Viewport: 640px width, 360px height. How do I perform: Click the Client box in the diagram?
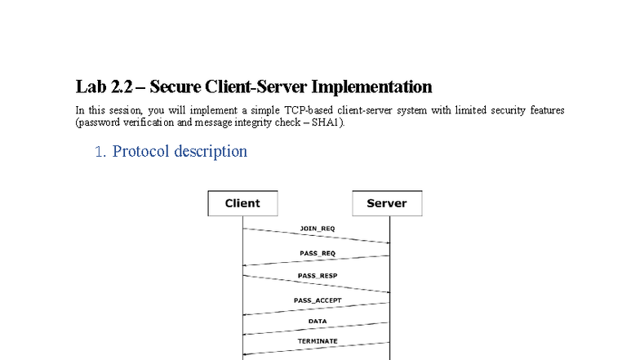[242, 203]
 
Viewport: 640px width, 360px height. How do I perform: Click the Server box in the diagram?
[387, 203]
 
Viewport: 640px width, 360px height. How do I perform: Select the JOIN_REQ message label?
[317, 229]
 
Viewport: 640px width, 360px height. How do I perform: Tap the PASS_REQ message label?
[317, 253]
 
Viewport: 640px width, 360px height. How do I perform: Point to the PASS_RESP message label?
[317, 276]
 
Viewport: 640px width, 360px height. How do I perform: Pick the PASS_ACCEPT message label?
[317, 300]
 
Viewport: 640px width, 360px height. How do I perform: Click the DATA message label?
[317, 321]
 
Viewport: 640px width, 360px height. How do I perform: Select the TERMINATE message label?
[317, 340]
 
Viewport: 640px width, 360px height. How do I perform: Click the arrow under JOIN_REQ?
[317, 236]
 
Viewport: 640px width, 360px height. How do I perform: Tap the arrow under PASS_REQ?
[317, 260]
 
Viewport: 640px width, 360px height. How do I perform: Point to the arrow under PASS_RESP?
[317, 284]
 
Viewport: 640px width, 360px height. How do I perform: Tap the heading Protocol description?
[180, 151]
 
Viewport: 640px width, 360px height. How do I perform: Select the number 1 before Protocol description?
[100, 152]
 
